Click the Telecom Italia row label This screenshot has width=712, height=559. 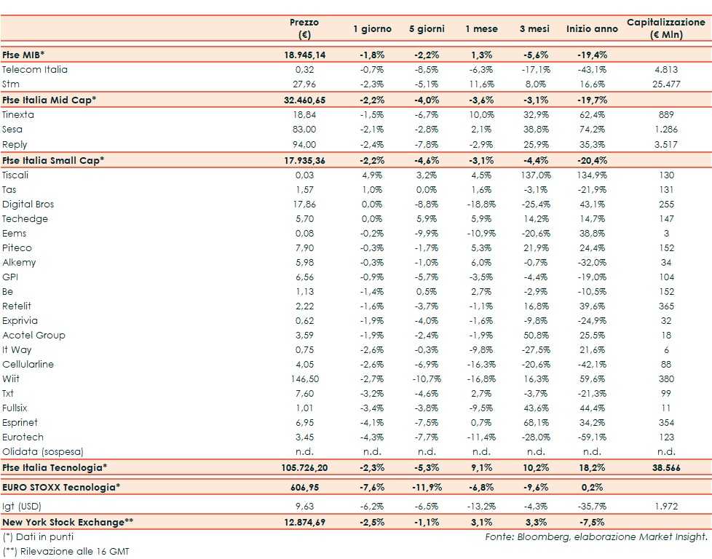tap(35, 70)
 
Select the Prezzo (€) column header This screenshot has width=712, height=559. tap(304, 29)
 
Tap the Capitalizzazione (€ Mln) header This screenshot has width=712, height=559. tap(666, 29)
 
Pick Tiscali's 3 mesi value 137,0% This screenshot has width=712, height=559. tap(536, 175)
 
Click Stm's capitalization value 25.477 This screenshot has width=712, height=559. tap(666, 84)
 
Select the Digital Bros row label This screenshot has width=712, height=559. tap(28, 204)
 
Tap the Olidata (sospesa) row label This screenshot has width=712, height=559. tap(43, 451)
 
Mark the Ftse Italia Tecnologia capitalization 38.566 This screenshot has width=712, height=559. tap(666, 468)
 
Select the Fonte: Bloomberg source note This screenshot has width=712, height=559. tap(596, 536)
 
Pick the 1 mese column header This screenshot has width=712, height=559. tap(482, 29)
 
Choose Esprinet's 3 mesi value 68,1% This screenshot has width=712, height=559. tap(536, 422)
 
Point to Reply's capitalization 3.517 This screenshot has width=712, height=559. tap(666, 145)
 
